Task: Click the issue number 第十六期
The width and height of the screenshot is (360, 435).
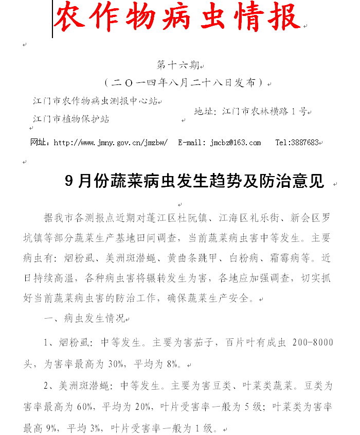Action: tap(177, 66)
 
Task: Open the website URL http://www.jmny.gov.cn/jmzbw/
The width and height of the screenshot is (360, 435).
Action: tap(111, 143)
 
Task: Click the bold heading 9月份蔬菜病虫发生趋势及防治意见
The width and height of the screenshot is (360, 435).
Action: tap(195, 181)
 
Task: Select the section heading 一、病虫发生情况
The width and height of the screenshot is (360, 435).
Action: tap(85, 318)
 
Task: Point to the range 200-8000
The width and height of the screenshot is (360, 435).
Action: tap(312, 342)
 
